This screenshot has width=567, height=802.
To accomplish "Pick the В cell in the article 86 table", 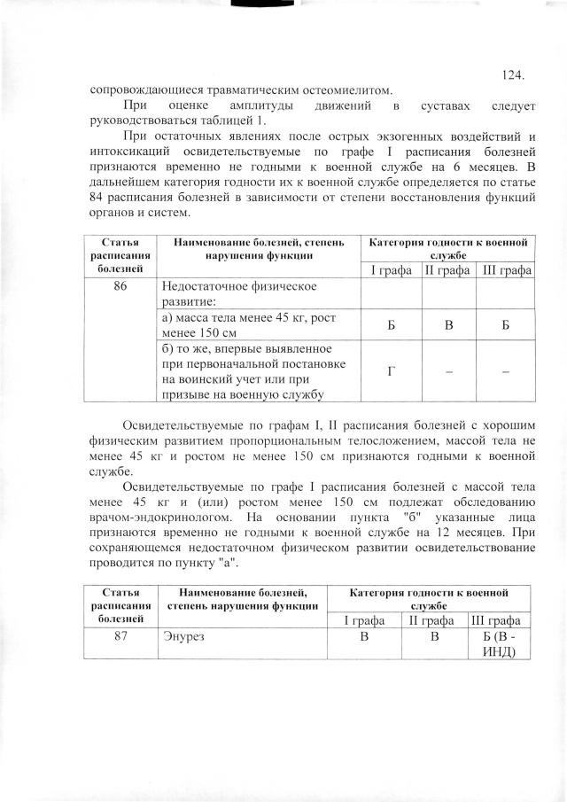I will [449, 324].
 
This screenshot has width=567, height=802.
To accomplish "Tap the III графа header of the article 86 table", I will [505, 269].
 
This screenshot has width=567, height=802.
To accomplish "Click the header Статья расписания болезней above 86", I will [121, 254].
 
